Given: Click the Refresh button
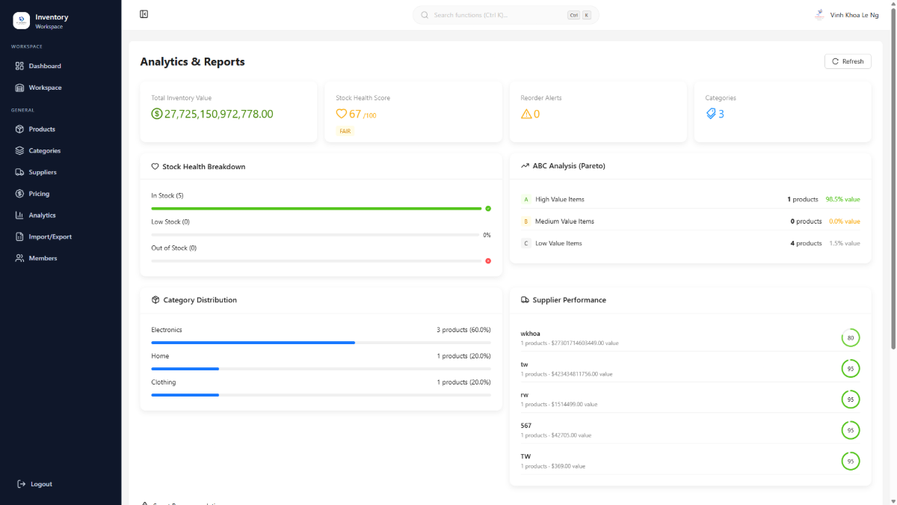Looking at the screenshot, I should point(848,61).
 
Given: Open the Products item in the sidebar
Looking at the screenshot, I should point(42,129).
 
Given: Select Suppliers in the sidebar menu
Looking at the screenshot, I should point(43,172).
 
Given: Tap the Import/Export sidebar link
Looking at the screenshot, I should point(50,236).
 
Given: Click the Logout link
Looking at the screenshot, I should point(41,484).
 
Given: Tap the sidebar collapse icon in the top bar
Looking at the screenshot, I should point(144,14).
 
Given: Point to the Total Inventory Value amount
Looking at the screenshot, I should point(218,114).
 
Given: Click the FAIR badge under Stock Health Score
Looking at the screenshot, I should point(345,131).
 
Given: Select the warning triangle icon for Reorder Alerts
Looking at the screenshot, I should point(526,114).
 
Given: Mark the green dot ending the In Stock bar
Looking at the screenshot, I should point(488,209).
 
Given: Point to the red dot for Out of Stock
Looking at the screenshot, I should point(488,260).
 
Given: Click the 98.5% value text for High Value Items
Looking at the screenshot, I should point(842,200).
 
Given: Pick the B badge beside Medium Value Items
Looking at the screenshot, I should point(525,221).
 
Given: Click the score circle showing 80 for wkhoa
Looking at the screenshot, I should point(850,338).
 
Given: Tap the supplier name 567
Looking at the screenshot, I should point(526,426).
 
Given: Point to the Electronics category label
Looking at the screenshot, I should point(167,330).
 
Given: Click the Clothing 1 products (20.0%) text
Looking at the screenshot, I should point(463,382).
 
